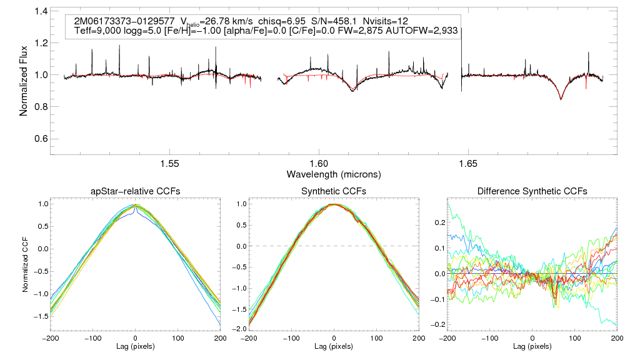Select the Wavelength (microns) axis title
pyautogui.click(x=334, y=173)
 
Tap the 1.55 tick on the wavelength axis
pyautogui.click(x=170, y=164)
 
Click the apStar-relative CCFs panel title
pyautogui.click(x=136, y=191)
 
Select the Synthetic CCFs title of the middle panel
pyautogui.click(x=334, y=191)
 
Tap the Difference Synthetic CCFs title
pyautogui.click(x=532, y=191)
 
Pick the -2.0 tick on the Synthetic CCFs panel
pyautogui.click(x=237, y=329)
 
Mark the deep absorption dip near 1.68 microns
pyautogui.click(x=561, y=99)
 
